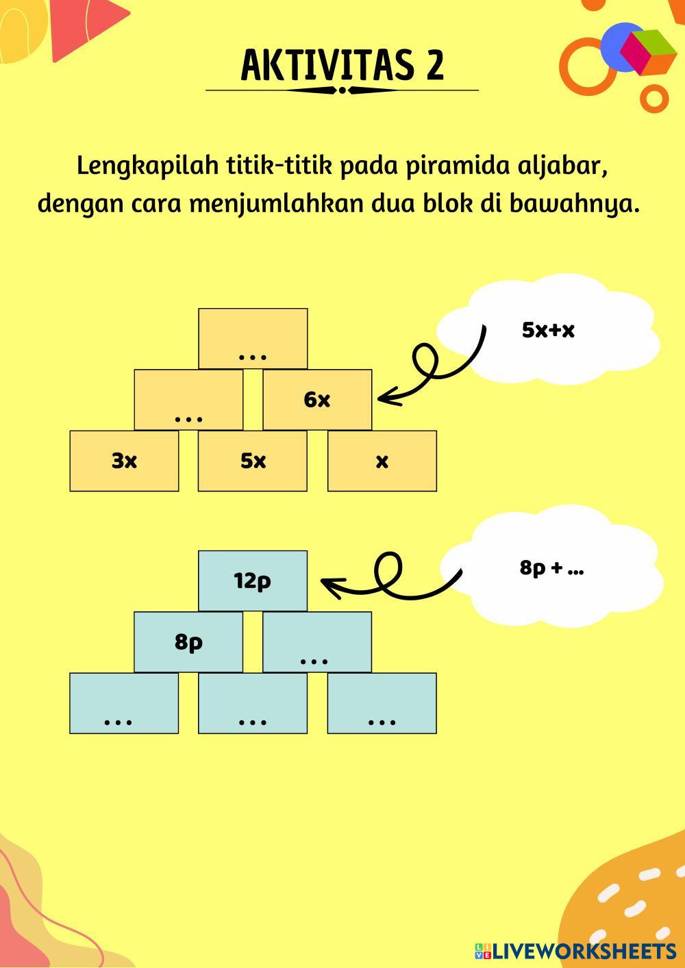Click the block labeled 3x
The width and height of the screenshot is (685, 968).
point(124,461)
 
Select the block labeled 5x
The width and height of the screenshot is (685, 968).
point(253,461)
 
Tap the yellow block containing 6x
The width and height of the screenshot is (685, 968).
point(317,400)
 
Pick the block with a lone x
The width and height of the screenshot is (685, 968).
point(382,461)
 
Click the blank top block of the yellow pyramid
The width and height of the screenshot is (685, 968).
point(253,338)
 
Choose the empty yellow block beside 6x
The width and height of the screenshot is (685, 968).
point(188,400)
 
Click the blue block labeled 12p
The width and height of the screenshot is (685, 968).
point(253,581)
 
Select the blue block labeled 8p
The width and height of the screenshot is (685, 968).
point(188,641)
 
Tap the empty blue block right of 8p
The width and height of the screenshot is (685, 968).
point(317,641)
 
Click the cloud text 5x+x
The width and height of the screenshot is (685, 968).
point(548,330)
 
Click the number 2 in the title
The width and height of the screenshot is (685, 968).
point(434,66)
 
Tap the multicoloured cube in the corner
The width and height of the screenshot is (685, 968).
point(648,52)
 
